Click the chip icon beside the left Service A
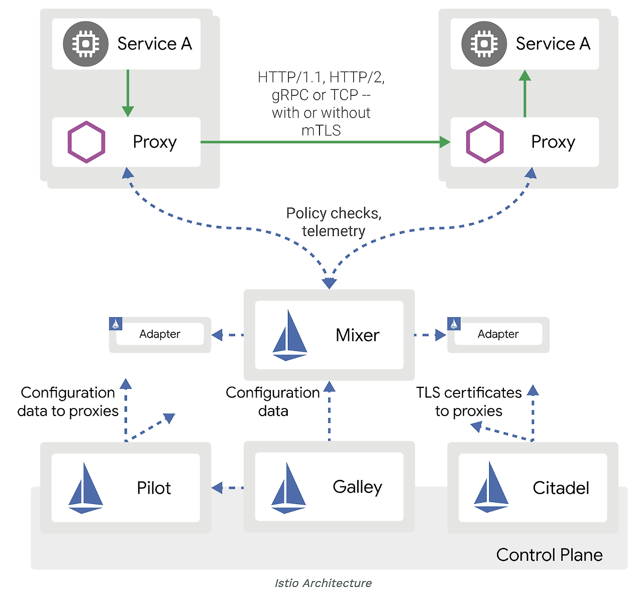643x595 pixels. pos(85,44)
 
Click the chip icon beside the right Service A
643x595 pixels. pos(484,44)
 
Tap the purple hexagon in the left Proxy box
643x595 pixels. pos(86,142)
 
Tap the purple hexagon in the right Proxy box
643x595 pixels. pos(485,142)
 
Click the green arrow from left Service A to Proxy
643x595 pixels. pos(128,93)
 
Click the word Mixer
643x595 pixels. pos(357,335)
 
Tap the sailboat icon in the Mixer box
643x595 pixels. pos(289,336)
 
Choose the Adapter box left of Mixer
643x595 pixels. pos(160,334)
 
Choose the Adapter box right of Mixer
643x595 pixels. pos(498,334)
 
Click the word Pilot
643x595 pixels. pos(154,488)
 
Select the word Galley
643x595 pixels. pos(357,487)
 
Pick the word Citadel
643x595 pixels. pos(561,488)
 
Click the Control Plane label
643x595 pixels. pos(549,555)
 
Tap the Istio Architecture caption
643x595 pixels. pos(323,583)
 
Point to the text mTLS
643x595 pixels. pos(321,131)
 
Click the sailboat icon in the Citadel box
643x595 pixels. pos(491,487)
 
